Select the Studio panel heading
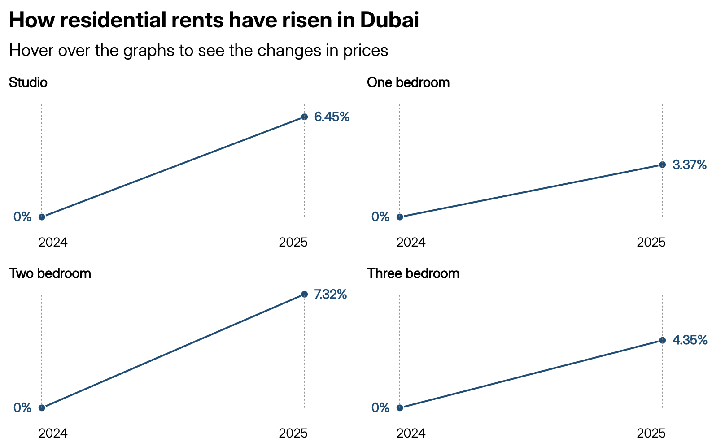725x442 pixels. tap(28, 82)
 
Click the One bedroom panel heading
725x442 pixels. tap(408, 82)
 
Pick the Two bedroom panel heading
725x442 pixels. tap(50, 273)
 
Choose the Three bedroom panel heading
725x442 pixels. tap(413, 273)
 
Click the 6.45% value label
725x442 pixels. tap(332, 117)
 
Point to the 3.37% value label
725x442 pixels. tap(690, 165)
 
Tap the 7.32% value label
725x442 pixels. tap(330, 295)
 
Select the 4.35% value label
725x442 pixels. tap(690, 340)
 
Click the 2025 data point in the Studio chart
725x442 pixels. tap(304, 117)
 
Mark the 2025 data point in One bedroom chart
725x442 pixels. tap(662, 165)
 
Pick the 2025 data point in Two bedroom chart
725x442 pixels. tap(304, 294)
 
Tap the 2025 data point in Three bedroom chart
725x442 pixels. tap(662, 340)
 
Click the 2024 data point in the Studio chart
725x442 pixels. tap(42, 217)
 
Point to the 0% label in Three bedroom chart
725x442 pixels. tap(380, 407)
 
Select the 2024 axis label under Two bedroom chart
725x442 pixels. tap(53, 433)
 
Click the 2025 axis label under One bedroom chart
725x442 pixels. tap(651, 243)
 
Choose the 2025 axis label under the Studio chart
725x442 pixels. tap(293, 243)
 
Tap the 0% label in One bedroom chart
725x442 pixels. tap(380, 217)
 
